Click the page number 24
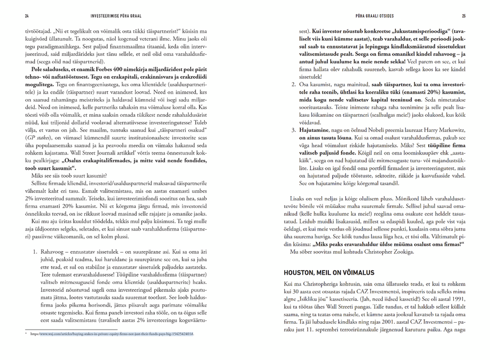[27, 15]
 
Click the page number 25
[464, 15]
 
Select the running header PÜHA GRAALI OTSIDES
[376, 15]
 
